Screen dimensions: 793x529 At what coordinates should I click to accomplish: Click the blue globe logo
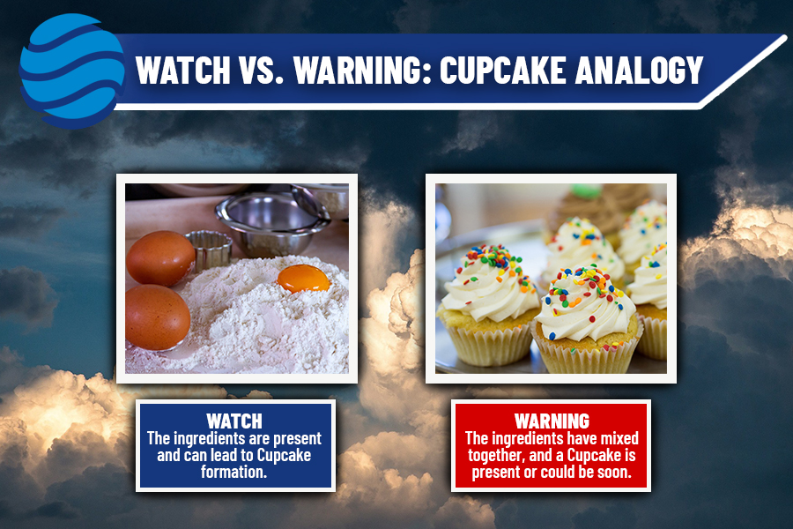[x=72, y=71]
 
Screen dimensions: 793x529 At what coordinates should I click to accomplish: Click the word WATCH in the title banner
[x=183, y=70]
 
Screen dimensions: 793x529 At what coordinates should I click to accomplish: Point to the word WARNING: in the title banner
[x=362, y=70]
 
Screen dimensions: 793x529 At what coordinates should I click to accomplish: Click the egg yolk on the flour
[x=303, y=279]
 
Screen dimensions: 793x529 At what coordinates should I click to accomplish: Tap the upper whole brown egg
[x=160, y=258]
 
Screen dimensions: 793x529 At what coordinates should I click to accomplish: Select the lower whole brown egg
[x=158, y=317]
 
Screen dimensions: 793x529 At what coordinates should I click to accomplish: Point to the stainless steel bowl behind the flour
[x=271, y=224]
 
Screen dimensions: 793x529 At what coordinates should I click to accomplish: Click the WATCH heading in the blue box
[x=234, y=421]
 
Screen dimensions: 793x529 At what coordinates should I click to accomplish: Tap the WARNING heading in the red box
[x=552, y=421]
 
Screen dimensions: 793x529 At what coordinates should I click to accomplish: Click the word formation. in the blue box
[x=233, y=472]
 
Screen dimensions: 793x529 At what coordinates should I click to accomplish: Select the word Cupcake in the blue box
[x=284, y=456]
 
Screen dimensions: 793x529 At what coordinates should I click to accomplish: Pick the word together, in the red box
[x=496, y=456]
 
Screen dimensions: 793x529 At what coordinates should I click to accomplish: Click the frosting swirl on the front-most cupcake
[x=585, y=303]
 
